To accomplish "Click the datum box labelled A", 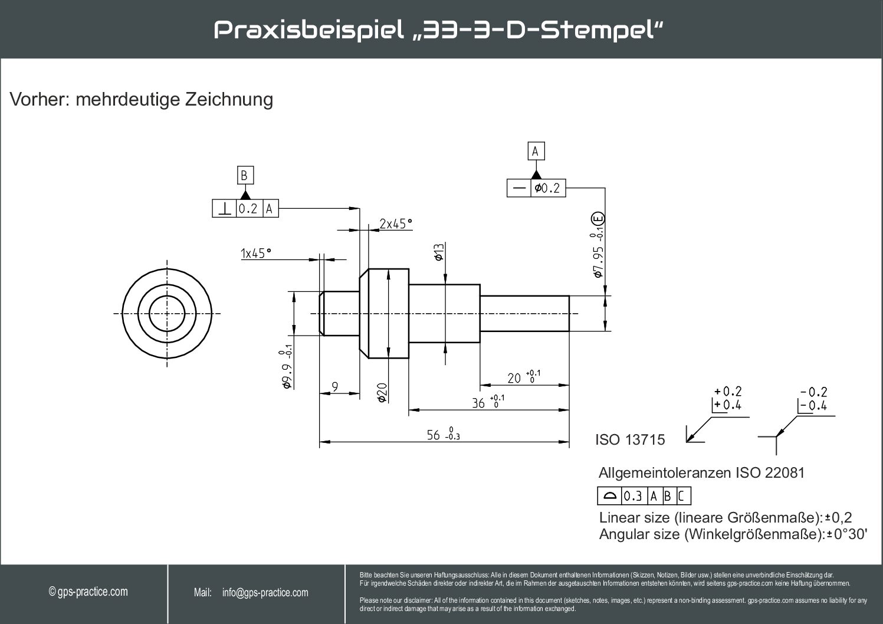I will (535, 152).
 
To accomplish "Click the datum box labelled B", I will (244, 176).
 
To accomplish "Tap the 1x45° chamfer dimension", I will (255, 253).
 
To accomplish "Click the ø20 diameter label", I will (382, 392).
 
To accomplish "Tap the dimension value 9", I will (335, 387).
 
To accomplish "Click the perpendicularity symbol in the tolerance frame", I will (225, 209).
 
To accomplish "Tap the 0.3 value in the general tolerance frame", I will (632, 496).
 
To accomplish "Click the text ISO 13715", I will (629, 440).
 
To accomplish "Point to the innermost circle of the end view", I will (167, 313).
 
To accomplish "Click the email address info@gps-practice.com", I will (265, 593).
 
